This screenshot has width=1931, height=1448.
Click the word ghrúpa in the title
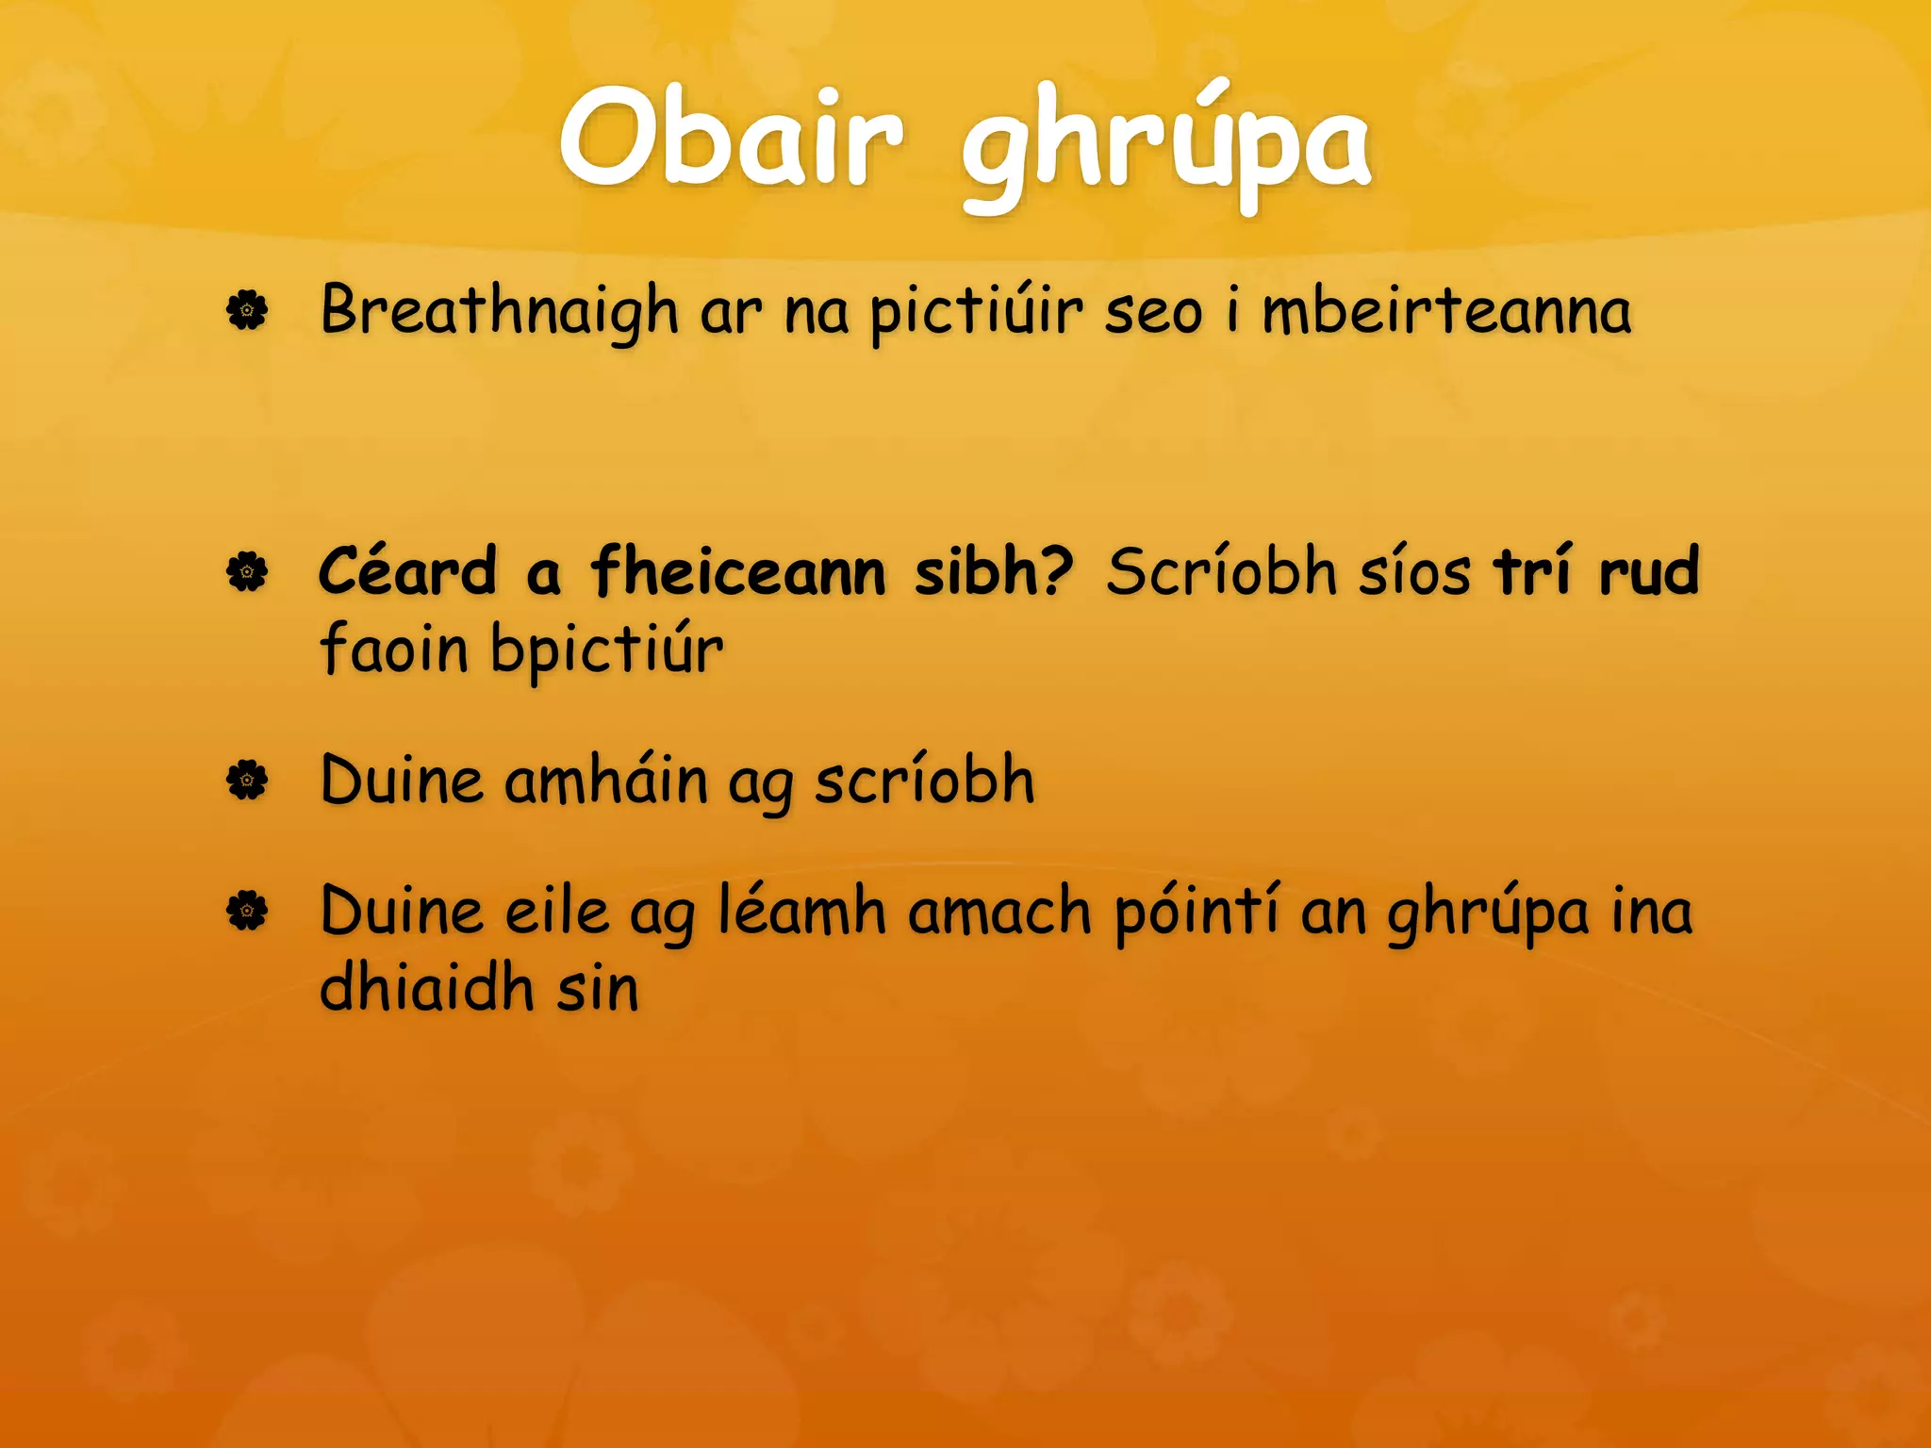[1165, 149]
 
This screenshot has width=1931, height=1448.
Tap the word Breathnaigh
[499, 311]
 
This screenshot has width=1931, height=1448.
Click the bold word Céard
[407, 572]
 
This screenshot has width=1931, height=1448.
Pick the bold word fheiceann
[738, 572]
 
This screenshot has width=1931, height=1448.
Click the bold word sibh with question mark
[994, 572]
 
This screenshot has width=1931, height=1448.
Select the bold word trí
[1532, 572]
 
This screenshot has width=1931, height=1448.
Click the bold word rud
[1649, 572]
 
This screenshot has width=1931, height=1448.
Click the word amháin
[605, 782]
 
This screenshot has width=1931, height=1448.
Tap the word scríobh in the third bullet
[924, 782]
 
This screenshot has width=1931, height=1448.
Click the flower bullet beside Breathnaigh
[247, 310]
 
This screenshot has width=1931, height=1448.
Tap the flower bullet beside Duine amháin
[247, 781]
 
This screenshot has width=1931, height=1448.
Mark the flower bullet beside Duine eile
[247, 911]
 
